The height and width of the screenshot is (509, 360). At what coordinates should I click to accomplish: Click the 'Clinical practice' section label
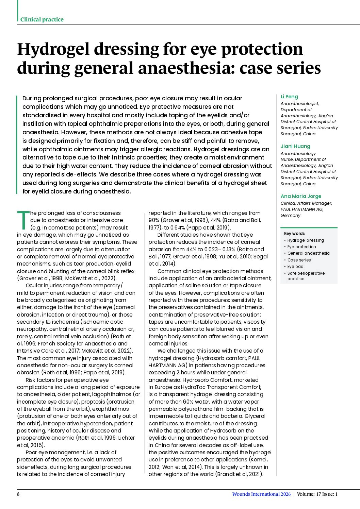click(42, 19)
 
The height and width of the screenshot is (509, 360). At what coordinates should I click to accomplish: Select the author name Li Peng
click(289, 97)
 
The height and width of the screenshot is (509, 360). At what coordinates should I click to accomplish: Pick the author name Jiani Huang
click(295, 146)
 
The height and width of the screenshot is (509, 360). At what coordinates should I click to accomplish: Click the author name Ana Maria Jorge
click(301, 196)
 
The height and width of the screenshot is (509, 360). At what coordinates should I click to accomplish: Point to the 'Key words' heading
click(294, 234)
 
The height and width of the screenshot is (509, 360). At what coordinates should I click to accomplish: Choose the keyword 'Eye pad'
click(295, 267)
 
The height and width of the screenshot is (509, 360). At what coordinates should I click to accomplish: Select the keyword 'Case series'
click(299, 260)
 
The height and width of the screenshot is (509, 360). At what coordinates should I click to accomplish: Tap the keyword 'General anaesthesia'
click(308, 253)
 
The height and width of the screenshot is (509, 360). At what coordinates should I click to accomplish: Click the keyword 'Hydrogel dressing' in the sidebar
click(306, 240)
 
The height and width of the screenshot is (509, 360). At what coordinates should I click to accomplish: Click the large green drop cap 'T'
click(23, 220)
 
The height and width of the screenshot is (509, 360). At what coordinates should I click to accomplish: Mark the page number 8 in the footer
click(18, 494)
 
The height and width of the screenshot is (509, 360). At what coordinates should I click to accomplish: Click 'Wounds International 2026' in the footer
click(261, 494)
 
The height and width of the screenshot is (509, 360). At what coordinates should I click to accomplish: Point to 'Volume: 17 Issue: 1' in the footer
click(317, 494)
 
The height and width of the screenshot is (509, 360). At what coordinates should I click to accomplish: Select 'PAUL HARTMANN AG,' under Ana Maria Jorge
click(302, 209)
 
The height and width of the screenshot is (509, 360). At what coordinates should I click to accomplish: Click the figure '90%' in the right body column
click(154, 220)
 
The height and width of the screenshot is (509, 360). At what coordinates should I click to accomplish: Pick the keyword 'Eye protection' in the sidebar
click(301, 247)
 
